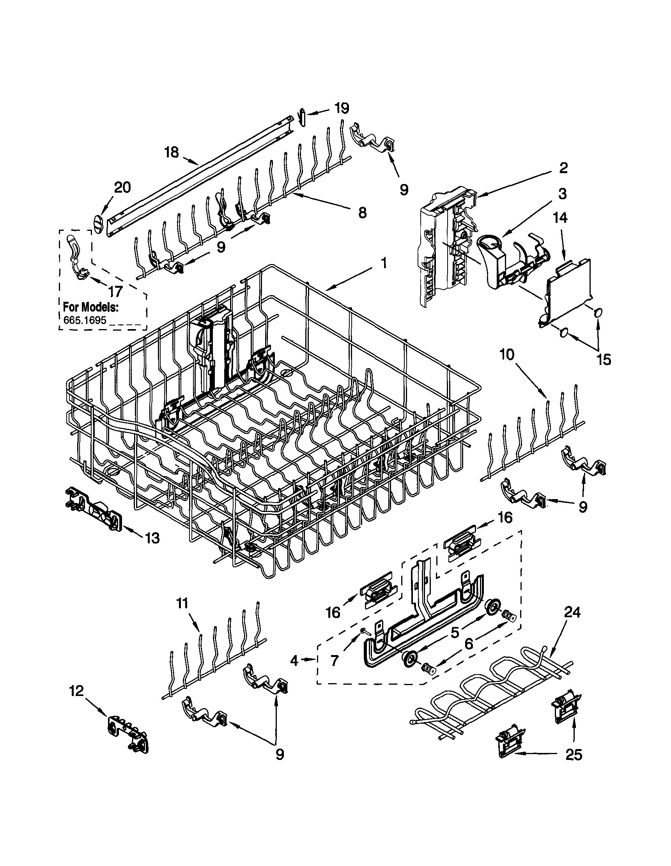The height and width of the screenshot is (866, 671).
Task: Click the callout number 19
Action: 342,108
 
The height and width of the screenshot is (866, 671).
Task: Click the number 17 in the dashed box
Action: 115,292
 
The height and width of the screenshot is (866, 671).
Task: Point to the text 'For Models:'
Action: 90,307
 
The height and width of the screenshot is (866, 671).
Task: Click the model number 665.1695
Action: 85,320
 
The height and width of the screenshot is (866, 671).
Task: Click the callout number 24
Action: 572,612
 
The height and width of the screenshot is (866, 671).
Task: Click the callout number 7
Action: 335,661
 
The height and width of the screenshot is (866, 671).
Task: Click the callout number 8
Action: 362,213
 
